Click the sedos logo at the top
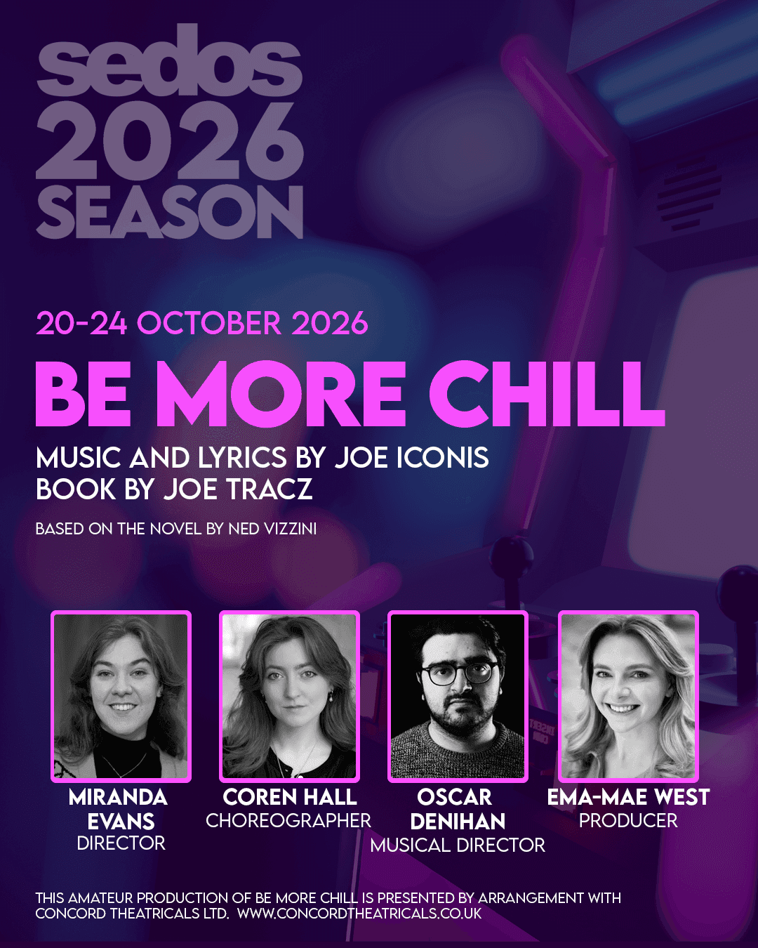[x=169, y=60]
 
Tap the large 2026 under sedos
[x=170, y=140]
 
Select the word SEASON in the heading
[x=170, y=212]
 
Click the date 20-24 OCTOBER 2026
[x=201, y=323]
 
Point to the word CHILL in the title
[x=547, y=394]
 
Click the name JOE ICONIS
[x=411, y=457]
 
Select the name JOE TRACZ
[x=238, y=489]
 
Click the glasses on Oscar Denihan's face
[x=458, y=673]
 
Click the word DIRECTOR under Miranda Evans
[x=121, y=843]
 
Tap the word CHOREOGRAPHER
[x=288, y=820]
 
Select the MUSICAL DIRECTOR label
[x=458, y=845]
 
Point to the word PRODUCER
[x=628, y=820]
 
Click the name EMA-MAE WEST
[x=628, y=797]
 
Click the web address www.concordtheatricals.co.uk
[x=359, y=913]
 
